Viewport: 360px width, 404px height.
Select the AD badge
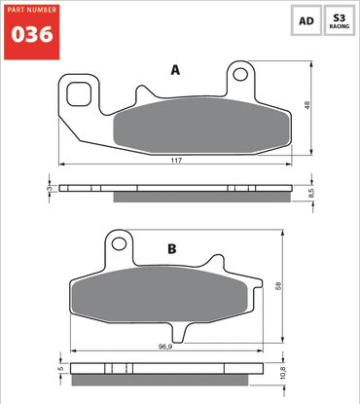click(x=306, y=20)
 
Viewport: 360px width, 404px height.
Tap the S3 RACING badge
click(x=339, y=20)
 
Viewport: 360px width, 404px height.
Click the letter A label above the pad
click(x=175, y=70)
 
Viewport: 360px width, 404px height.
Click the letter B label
click(x=171, y=249)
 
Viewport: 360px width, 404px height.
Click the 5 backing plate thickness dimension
click(x=60, y=369)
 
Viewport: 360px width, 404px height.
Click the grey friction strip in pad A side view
click(x=199, y=198)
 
